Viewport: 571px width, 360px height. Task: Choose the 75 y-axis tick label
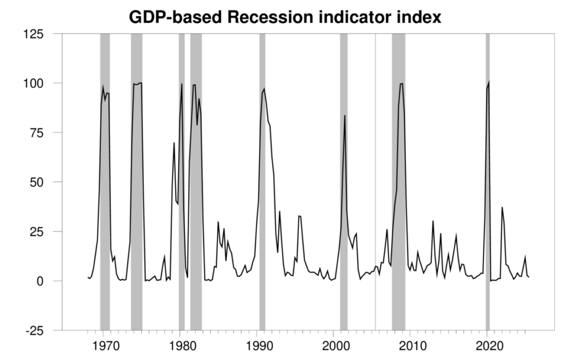[41, 133]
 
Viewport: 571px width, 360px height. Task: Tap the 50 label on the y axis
[41, 182]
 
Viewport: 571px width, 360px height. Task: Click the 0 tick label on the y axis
[45, 281]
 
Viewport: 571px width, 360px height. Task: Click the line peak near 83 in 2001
[345, 115]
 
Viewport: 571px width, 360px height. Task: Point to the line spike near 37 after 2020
[502, 207]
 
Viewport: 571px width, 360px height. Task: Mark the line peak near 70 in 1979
[174, 143]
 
